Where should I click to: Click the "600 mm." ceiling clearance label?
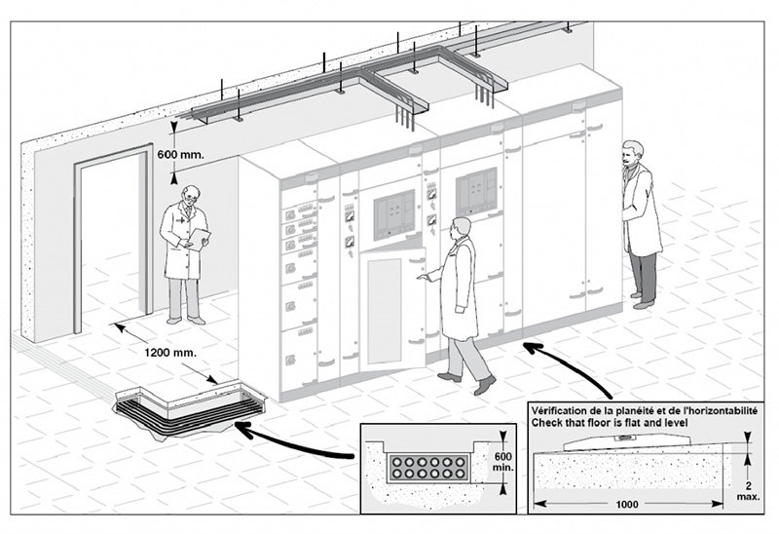[x=181, y=154]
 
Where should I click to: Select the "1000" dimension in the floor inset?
[x=626, y=505]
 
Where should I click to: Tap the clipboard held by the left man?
[x=199, y=237]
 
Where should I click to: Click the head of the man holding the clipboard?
[x=185, y=191]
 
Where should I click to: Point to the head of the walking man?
[x=462, y=227]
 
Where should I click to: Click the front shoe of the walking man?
[x=484, y=386]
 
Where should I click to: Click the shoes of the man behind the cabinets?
[x=642, y=302]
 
